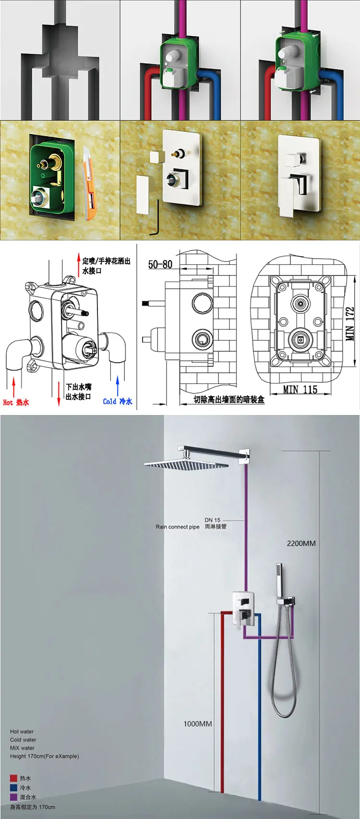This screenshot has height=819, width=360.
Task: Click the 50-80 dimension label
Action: [x=160, y=264]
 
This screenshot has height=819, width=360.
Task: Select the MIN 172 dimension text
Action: [x=350, y=324]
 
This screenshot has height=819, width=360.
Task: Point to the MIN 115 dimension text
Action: [x=300, y=389]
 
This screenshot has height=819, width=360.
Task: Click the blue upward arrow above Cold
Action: [x=118, y=385]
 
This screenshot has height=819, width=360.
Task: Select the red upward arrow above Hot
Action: [x=14, y=386]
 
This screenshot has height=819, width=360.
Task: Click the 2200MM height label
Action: [x=301, y=543]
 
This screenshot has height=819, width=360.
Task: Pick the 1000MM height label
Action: [x=197, y=724]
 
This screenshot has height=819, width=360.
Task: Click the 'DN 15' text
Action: [x=212, y=520]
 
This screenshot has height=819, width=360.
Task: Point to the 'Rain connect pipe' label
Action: [x=177, y=527]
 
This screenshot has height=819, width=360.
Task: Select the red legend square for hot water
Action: [x=13, y=778]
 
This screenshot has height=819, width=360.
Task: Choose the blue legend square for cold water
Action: [x=13, y=787]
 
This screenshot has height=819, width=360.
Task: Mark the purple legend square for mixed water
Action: [x=13, y=797]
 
